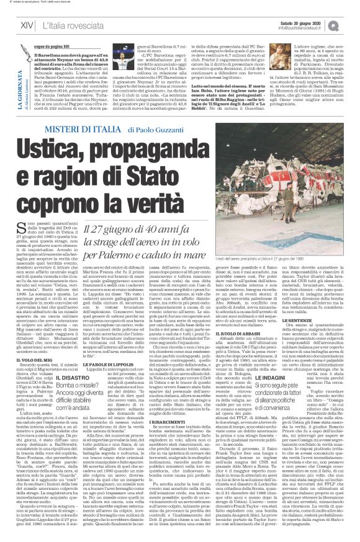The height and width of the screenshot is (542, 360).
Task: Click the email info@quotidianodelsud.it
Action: click(304, 28)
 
